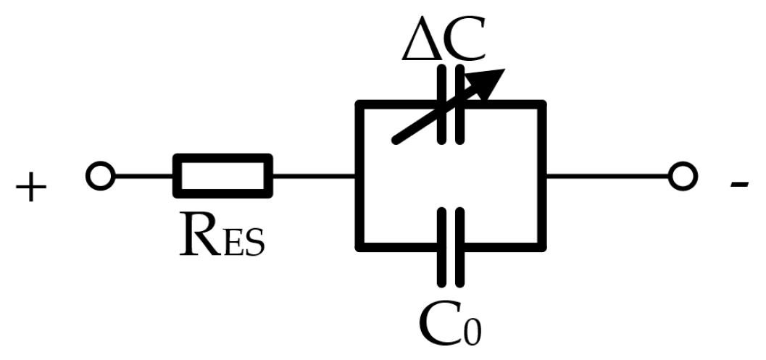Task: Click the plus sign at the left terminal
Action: point(30,190)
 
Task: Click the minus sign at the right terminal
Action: point(738,186)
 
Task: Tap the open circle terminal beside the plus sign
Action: point(100,176)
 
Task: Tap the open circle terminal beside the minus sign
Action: point(682,176)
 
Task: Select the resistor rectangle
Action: point(223,176)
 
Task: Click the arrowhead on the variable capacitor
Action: point(492,81)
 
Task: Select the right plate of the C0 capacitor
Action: point(459,246)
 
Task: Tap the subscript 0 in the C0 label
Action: point(471,329)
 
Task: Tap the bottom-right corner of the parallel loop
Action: point(542,246)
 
